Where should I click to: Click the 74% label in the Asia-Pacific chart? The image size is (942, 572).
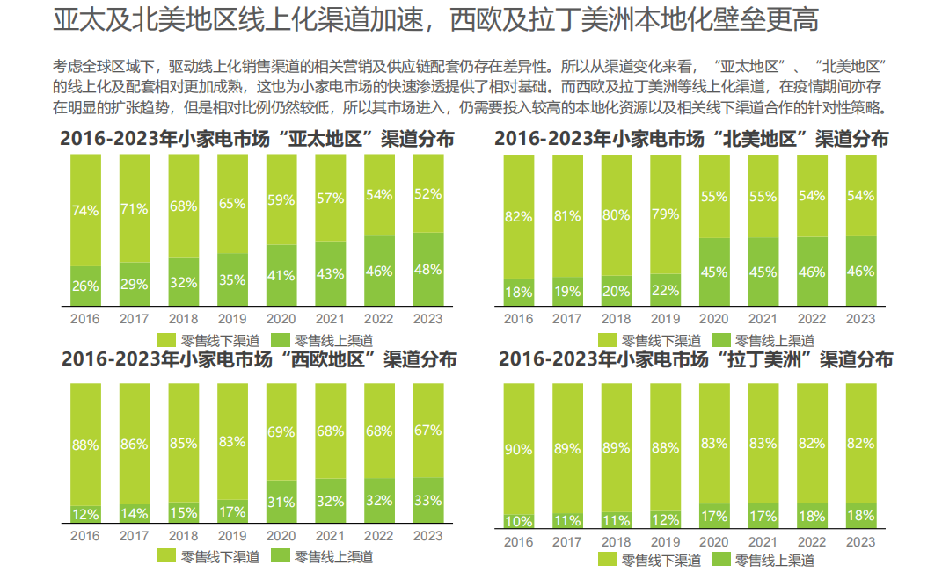pyautogui.click(x=85, y=211)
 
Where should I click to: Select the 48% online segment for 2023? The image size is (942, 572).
pyautogui.click(x=427, y=270)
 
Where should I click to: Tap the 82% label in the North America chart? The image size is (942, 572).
pyautogui.click(x=519, y=216)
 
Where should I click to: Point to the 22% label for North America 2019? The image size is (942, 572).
pyautogui.click(x=665, y=290)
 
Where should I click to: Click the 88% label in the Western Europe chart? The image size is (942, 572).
pyautogui.click(x=85, y=445)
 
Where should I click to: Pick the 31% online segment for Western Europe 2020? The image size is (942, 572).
pyautogui.click(x=281, y=502)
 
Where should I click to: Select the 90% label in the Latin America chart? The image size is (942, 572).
pyautogui.click(x=519, y=450)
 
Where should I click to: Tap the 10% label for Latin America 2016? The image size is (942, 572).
pyautogui.click(x=519, y=521)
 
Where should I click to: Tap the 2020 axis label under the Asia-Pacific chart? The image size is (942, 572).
pyautogui.click(x=281, y=319)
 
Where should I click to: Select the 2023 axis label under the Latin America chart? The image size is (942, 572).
pyautogui.click(x=860, y=541)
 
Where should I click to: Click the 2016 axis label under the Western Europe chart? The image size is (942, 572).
pyautogui.click(x=85, y=536)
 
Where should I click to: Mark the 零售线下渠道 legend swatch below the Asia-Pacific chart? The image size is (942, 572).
pyautogui.click(x=167, y=340)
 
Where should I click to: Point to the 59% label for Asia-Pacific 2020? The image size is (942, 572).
pyautogui.click(x=281, y=200)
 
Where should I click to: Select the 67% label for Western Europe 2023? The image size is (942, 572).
pyautogui.click(x=427, y=430)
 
